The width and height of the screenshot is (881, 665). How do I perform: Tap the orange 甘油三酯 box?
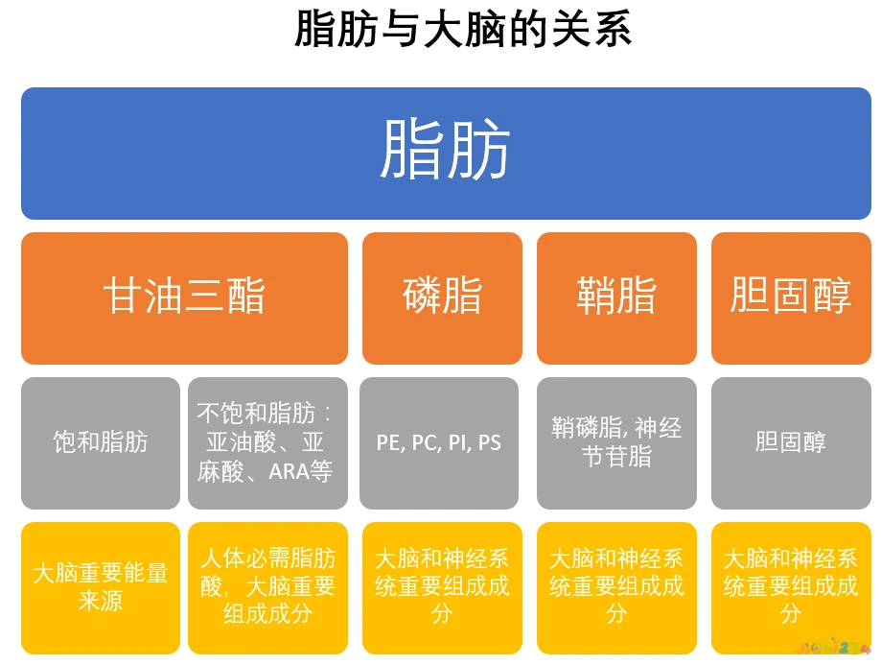[184, 297]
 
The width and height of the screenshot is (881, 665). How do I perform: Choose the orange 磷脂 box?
[442, 297]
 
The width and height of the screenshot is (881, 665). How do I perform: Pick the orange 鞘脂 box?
[616, 297]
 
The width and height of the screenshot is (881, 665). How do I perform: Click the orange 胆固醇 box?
[791, 297]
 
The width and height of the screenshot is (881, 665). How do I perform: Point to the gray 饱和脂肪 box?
[101, 442]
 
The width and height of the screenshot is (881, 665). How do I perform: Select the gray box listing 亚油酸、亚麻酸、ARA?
[266, 442]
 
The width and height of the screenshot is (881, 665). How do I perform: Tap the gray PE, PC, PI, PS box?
[439, 442]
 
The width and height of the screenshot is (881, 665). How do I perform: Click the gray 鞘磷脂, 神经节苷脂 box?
[616, 442]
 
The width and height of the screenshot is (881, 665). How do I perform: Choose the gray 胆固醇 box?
[791, 442]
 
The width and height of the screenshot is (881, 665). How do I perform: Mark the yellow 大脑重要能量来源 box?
[101, 587]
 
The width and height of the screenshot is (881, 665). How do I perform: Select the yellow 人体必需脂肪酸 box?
[267, 587]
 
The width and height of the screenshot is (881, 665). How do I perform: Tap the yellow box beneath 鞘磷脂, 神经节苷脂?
[616, 587]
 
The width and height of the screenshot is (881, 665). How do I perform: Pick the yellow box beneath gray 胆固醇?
[791, 587]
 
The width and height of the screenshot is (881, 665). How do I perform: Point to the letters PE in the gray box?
[388, 443]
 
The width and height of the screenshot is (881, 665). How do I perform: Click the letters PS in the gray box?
[490, 443]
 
